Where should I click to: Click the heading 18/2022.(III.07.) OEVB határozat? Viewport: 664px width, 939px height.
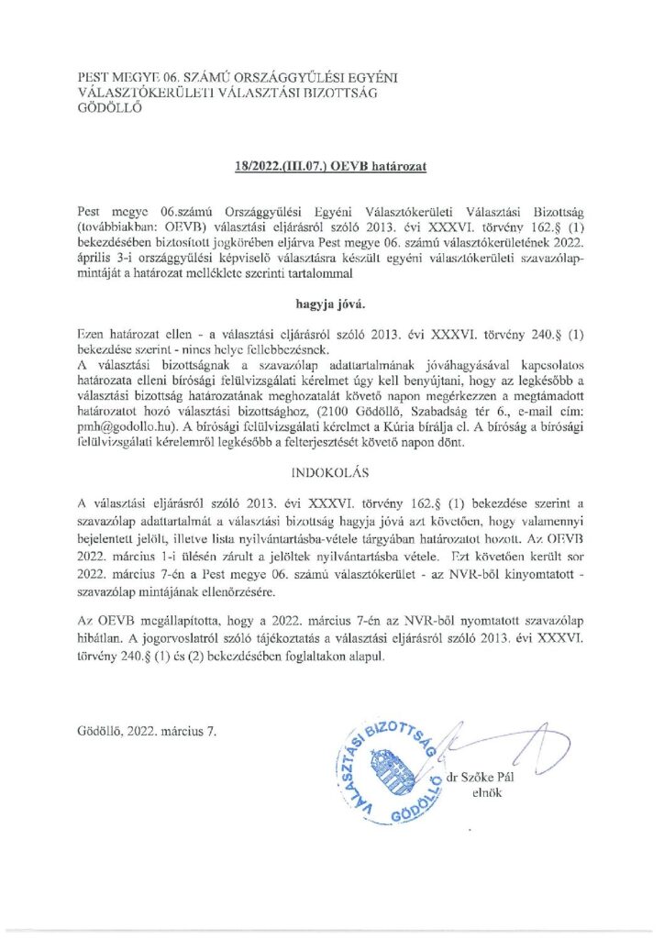[331, 168]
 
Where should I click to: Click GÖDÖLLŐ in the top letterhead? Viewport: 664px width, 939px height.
[109, 106]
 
